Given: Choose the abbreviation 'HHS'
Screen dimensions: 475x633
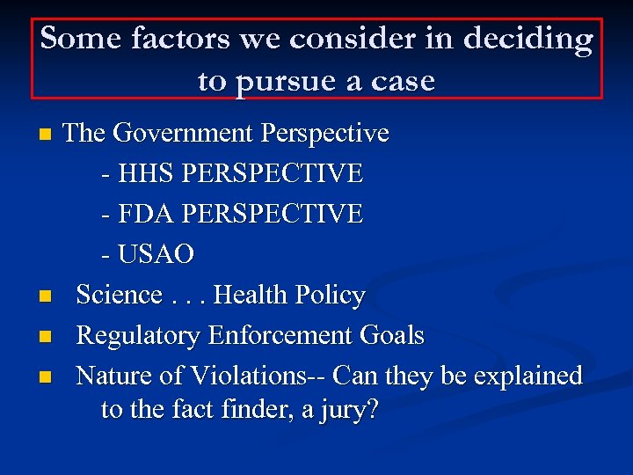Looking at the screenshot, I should pos(146,173).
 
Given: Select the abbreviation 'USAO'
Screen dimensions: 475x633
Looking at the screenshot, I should pos(156,254).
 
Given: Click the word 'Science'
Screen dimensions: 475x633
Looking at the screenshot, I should pos(120,295).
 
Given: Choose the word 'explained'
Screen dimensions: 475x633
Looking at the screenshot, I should pos(528,376).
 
